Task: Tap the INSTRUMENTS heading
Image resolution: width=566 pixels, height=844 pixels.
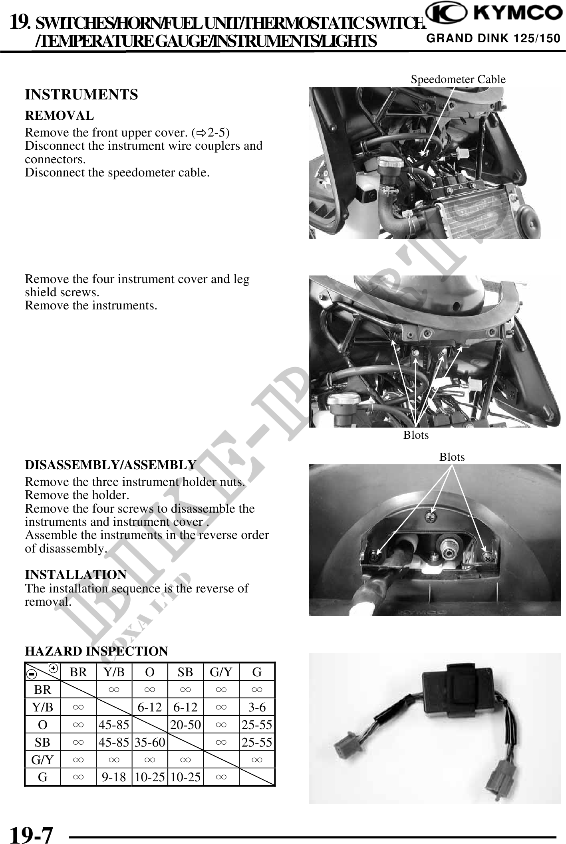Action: pyautogui.click(x=81, y=95)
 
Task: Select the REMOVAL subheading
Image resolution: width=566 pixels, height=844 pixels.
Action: pyautogui.click(x=60, y=116)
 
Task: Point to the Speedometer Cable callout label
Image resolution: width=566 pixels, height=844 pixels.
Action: pyautogui.click(x=458, y=79)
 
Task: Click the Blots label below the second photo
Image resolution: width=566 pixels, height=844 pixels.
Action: pyautogui.click(x=416, y=435)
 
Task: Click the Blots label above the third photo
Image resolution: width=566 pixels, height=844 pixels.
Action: pyautogui.click(x=452, y=457)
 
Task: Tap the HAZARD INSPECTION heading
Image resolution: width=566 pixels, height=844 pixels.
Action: pyautogui.click(x=97, y=651)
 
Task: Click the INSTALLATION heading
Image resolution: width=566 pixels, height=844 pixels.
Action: pyautogui.click(x=76, y=575)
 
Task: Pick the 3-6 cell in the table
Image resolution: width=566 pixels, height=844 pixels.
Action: pyautogui.click(x=257, y=707)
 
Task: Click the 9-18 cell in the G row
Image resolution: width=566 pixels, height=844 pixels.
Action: pyautogui.click(x=114, y=777)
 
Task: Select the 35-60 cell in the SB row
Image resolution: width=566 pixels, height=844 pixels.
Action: pyautogui.click(x=150, y=743)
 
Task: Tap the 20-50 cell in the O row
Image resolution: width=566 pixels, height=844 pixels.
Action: pyautogui.click(x=185, y=725)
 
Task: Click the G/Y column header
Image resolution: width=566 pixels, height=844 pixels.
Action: pyautogui.click(x=221, y=672)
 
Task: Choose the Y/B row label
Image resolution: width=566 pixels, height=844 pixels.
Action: pyautogui.click(x=43, y=707)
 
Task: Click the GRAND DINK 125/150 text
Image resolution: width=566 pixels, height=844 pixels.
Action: pyautogui.click(x=493, y=39)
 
